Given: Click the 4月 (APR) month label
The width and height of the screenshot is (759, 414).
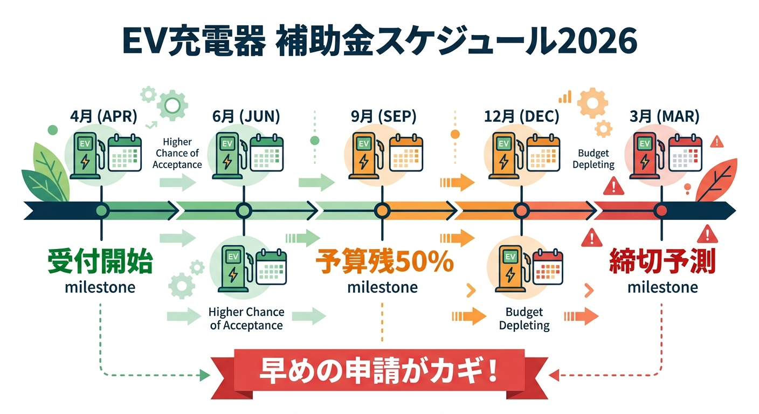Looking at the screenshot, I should click(x=103, y=116).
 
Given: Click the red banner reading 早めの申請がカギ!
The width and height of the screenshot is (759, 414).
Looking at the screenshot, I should click(x=379, y=373).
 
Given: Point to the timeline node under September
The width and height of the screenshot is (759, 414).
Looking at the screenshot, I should click(x=382, y=211).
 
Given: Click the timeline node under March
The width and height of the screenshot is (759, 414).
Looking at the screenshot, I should click(x=661, y=211).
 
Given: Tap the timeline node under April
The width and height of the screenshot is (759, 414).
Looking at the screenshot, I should click(x=101, y=211).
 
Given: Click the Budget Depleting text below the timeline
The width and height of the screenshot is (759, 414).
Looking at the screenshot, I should click(x=524, y=319).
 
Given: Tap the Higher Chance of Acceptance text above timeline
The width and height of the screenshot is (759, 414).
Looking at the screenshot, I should click(x=177, y=153).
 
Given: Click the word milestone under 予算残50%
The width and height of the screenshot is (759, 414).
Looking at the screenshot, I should click(x=382, y=287).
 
